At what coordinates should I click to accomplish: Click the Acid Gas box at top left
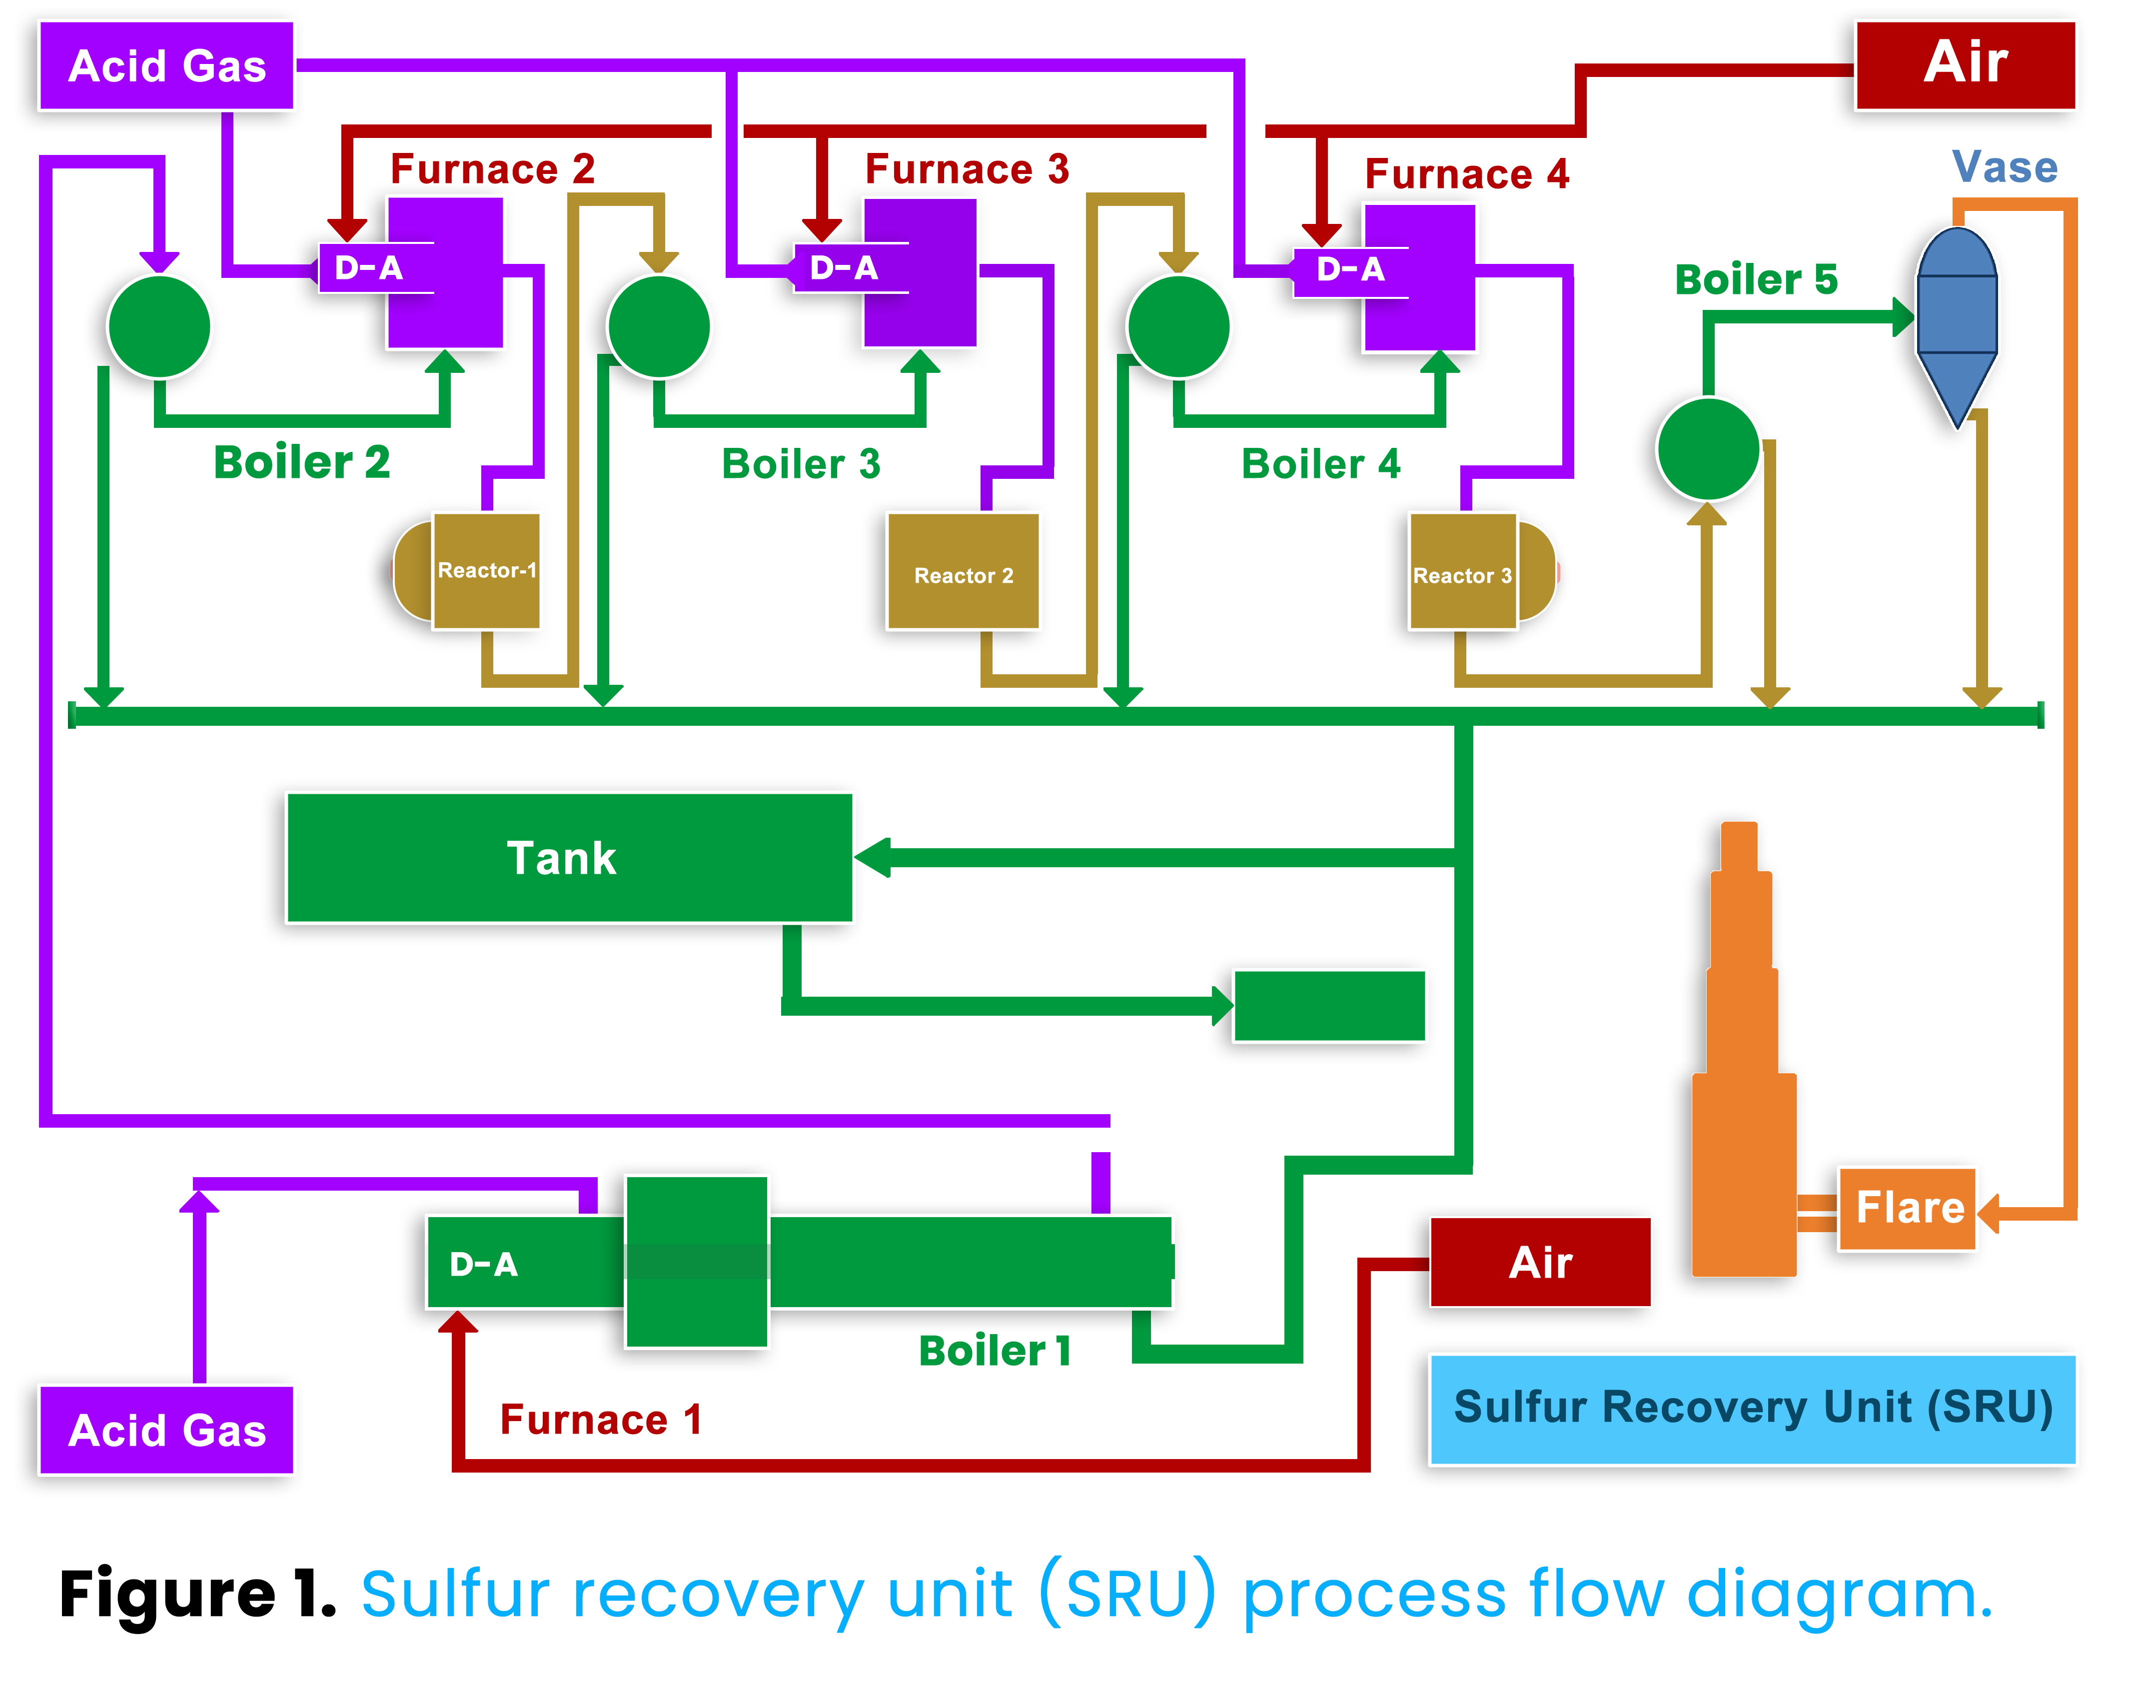point(166,66)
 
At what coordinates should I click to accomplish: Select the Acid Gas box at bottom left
point(166,1430)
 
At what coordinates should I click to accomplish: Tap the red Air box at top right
point(1964,64)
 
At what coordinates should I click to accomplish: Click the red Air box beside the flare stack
point(1539,1262)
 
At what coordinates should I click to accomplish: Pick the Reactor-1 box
point(486,570)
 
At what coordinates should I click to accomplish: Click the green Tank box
point(569,858)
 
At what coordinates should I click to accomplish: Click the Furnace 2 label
point(492,169)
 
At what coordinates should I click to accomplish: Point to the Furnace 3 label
point(966,169)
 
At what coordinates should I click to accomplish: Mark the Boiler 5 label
point(1756,280)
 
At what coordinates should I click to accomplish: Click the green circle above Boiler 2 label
point(159,326)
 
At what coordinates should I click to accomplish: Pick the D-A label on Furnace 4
point(1350,269)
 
